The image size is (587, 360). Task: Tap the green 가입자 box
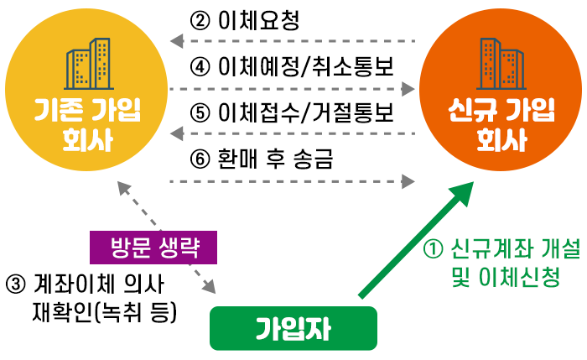click(x=293, y=328)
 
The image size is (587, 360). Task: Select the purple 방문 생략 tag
click(x=153, y=249)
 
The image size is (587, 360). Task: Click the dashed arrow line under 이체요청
click(x=293, y=40)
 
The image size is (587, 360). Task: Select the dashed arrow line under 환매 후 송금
click(x=293, y=180)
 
